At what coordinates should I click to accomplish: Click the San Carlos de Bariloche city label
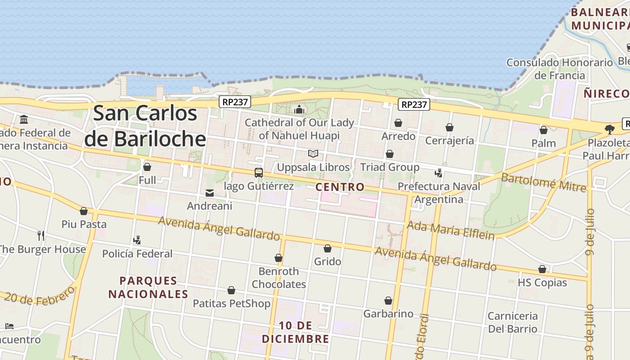pos(145,126)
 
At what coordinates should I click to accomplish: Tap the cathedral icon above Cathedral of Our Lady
pos(299,109)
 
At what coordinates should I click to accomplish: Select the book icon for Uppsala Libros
pos(313,154)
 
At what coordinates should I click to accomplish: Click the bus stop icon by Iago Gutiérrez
pos(258,172)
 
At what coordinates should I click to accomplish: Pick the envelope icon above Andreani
pos(209,193)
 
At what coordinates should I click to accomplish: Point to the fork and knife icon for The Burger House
pos(41,235)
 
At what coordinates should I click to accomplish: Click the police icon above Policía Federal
pos(137,240)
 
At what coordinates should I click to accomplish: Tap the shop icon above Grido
pos(328,248)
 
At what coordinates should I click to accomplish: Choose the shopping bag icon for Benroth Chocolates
pos(279,258)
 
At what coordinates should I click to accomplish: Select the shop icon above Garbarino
pos(388,301)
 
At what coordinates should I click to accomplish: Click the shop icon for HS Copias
pos(542,269)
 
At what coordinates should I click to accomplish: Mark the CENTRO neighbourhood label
pos(340,187)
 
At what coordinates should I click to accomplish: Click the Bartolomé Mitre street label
pos(544,182)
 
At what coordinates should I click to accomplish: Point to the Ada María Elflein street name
pos(450,230)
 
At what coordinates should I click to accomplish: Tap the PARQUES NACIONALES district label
pos(148,288)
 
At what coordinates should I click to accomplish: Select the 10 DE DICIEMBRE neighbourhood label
pos(296,332)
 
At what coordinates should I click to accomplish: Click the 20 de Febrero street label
pos(40,296)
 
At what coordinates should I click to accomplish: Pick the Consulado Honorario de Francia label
pos(560,69)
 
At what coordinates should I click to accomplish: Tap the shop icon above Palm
pos(544,130)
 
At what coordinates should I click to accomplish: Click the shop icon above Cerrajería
pos(449,128)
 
